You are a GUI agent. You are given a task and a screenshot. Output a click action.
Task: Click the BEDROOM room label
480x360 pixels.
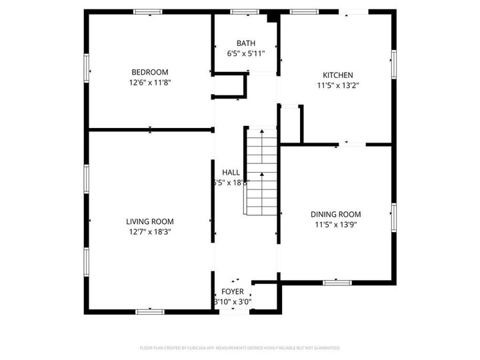tap(149, 72)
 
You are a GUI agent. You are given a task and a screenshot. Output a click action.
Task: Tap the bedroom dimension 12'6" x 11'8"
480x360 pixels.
tap(149, 83)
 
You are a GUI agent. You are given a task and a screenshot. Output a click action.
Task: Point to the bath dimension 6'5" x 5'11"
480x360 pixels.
tap(245, 53)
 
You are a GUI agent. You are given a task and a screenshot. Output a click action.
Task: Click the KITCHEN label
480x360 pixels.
tap(338, 75)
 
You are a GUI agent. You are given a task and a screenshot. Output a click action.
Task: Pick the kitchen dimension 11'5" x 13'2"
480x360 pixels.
tap(338, 85)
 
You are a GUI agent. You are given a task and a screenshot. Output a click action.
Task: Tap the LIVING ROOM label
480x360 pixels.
tap(150, 221)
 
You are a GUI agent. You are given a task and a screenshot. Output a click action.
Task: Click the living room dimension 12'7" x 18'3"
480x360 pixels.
tap(150, 232)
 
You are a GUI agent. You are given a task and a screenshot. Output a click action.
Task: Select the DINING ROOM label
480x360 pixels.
tap(335, 214)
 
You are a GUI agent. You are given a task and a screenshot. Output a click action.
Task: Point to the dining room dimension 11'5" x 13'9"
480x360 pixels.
tap(335, 225)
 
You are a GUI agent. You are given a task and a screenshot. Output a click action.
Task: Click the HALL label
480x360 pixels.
tap(231, 172)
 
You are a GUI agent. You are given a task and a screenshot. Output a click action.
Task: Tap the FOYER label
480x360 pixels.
tap(233, 291)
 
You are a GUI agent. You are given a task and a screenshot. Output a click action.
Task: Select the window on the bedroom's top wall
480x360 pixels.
tap(147, 12)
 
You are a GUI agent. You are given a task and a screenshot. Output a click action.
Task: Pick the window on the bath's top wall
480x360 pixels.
tap(245, 12)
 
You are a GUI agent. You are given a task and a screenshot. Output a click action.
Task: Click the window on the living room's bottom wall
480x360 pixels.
tap(149, 311)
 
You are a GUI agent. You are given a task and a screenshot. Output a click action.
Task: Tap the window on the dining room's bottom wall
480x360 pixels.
tap(337, 283)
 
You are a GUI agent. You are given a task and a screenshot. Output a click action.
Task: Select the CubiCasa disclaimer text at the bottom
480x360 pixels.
tap(240, 348)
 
